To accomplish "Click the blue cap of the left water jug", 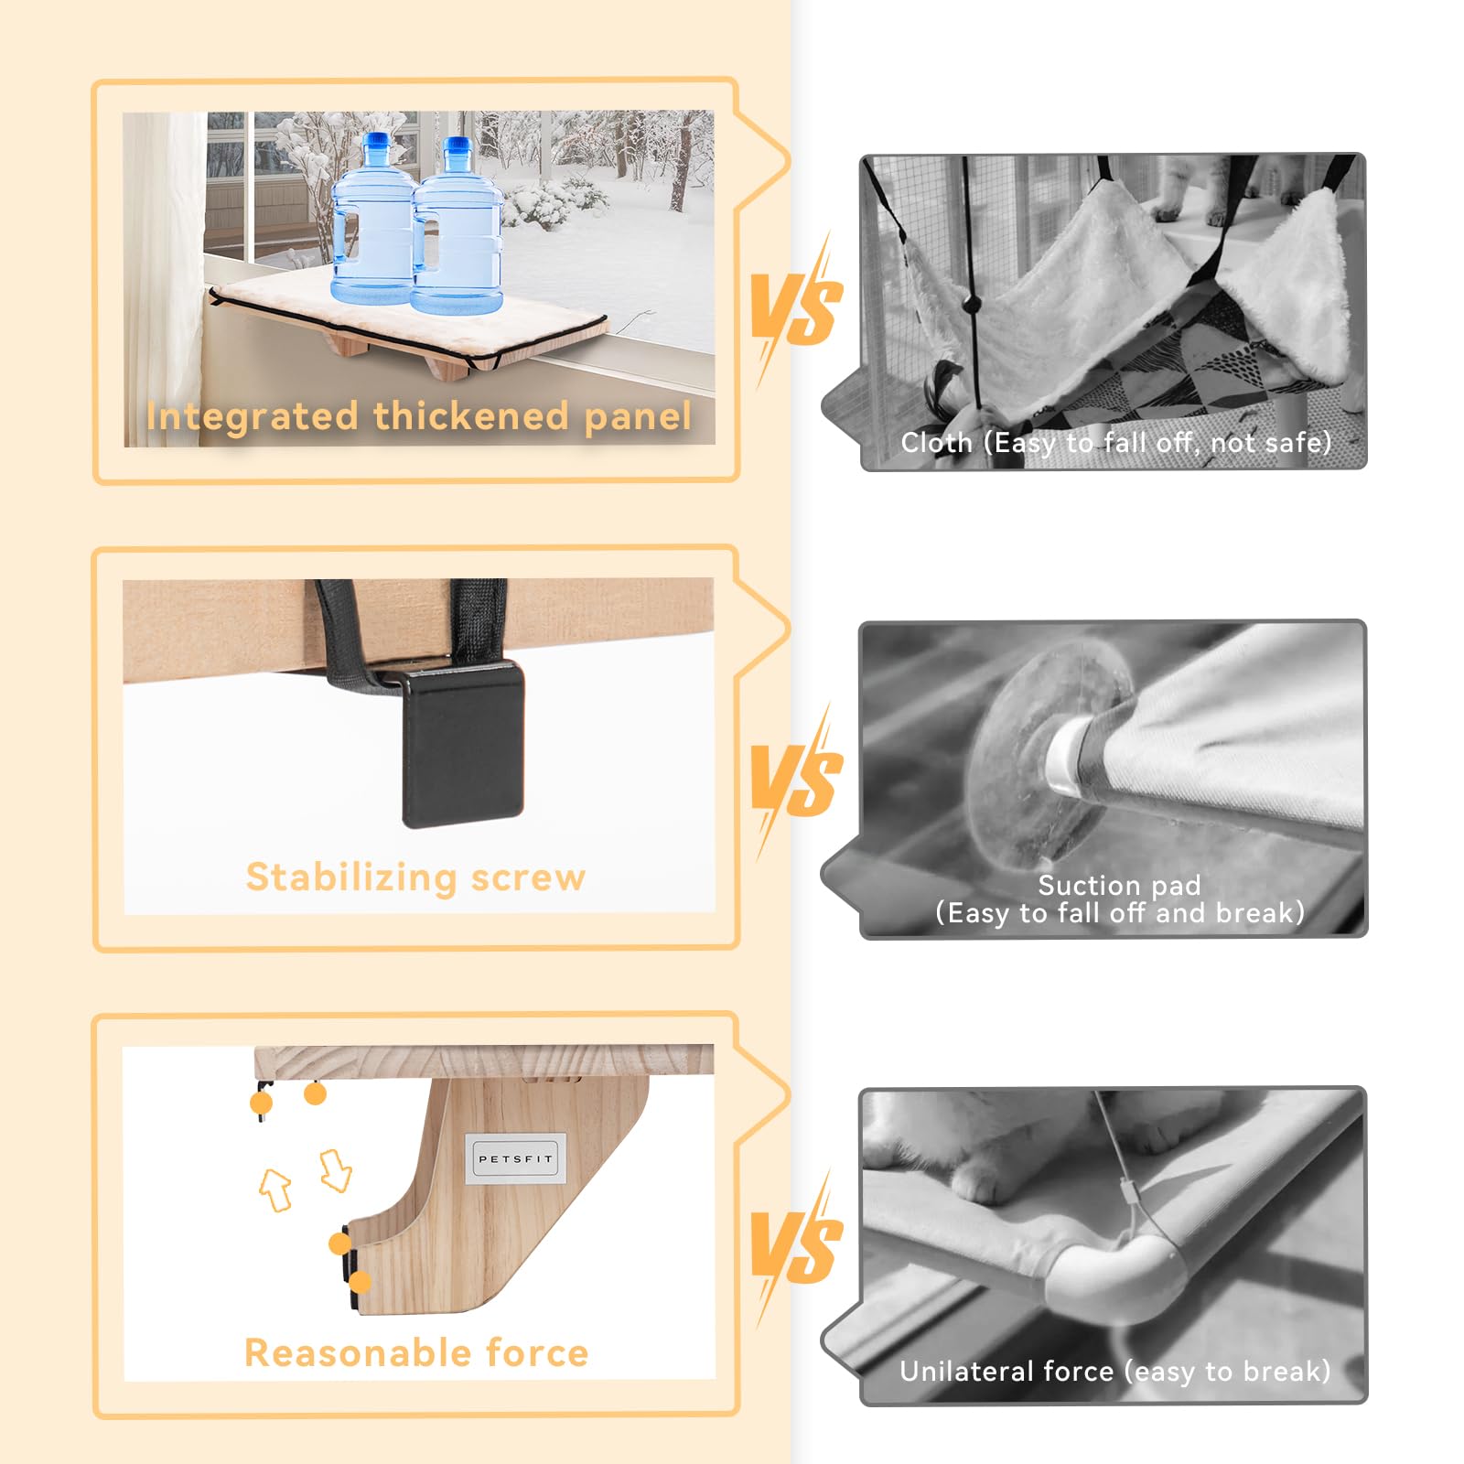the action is (x=376, y=143).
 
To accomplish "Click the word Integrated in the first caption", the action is (x=252, y=417).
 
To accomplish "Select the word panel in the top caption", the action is (x=638, y=417).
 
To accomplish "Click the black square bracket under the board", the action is (x=463, y=744).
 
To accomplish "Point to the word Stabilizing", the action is (x=351, y=877).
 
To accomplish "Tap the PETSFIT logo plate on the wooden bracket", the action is (x=516, y=1159).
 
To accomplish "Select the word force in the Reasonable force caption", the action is (x=537, y=1352).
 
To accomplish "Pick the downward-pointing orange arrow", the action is (x=335, y=1170).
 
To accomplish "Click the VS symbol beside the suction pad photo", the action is (x=794, y=780).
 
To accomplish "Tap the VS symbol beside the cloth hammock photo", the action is (x=794, y=309).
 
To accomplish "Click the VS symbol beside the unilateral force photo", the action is (x=794, y=1246).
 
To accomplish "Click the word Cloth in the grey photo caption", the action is (x=936, y=443).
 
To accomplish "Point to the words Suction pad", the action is (x=1119, y=886).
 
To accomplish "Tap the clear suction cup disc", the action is (x=1043, y=756).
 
